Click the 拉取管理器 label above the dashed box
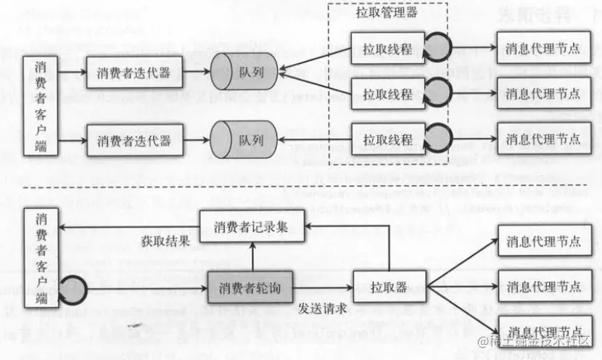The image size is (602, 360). (x=386, y=13)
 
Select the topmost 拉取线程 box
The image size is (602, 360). (x=387, y=49)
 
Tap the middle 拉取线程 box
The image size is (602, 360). (x=387, y=94)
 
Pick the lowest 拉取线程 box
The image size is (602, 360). (x=387, y=139)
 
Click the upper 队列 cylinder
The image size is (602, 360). (x=244, y=71)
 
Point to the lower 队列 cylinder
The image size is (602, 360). (x=244, y=139)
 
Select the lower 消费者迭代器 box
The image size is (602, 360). (x=134, y=139)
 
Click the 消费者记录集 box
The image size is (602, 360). (x=252, y=227)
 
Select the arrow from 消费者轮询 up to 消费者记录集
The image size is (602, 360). (x=252, y=257)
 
